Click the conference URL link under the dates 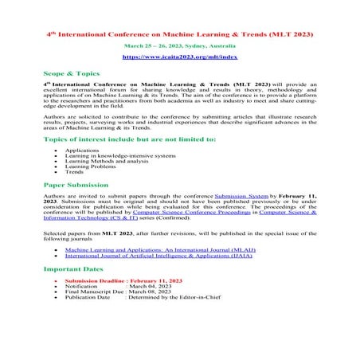[x=179, y=59]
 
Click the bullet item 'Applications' [x=81, y=149]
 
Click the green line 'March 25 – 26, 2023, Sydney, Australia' [x=179, y=47]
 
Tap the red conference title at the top [x=179, y=35]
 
